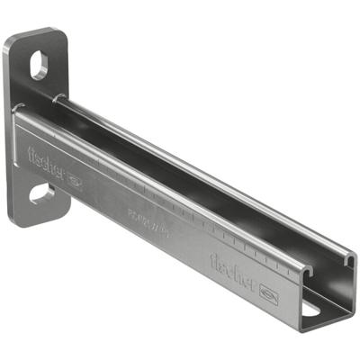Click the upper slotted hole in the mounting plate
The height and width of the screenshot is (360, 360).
point(40,64)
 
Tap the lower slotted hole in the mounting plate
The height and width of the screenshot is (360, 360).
point(41,193)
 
